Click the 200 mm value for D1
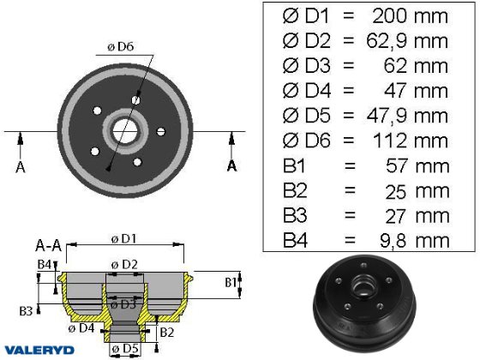(411, 16)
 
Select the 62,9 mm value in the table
(407, 41)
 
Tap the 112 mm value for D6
(411, 141)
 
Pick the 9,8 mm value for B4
(415, 241)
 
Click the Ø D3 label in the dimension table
(307, 66)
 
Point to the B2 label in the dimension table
(295, 190)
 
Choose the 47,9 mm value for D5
(407, 116)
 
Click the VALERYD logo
(39, 351)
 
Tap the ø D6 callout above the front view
(121, 47)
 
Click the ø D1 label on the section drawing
(123, 239)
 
